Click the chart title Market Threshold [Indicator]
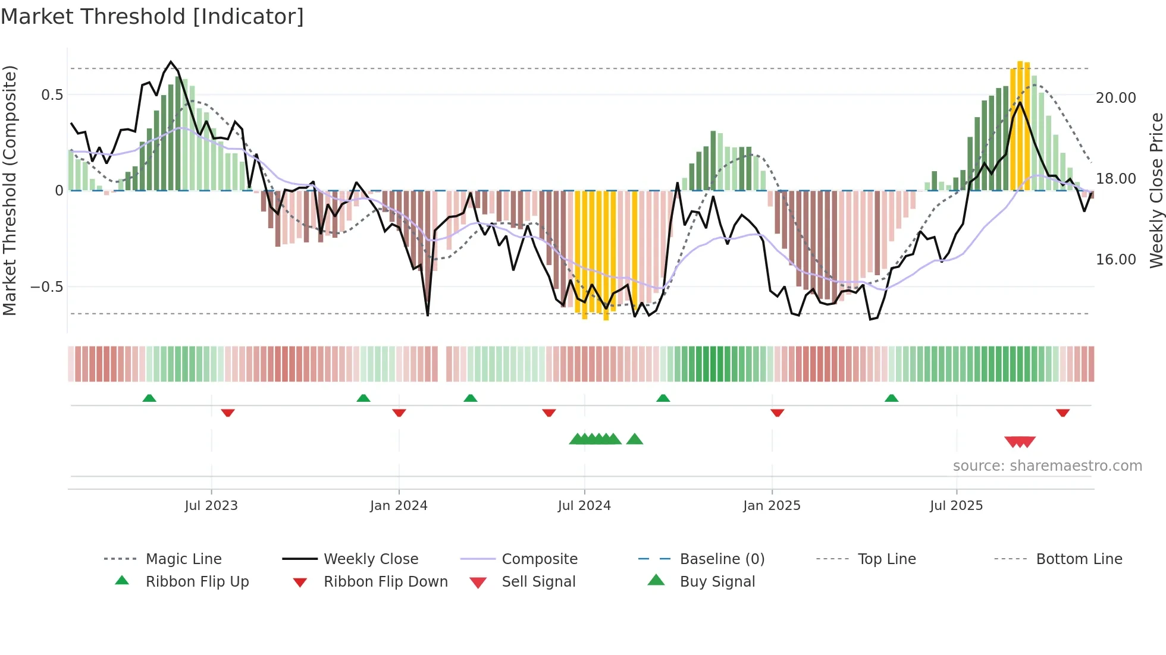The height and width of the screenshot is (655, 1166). [x=152, y=17]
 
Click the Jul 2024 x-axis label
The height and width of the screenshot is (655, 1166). [x=584, y=505]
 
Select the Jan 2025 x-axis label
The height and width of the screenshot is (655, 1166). [x=772, y=505]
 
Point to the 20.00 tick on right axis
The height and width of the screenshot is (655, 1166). [x=1115, y=97]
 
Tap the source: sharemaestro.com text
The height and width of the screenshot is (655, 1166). [x=1047, y=465]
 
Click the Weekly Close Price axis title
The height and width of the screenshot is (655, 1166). [x=1156, y=190]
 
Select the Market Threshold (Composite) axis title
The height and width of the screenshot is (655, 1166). [x=10, y=190]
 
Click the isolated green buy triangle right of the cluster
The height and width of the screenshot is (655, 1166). [x=635, y=439]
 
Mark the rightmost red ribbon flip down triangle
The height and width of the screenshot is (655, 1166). [x=1062, y=412]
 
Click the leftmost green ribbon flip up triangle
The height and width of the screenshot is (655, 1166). [x=149, y=398]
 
